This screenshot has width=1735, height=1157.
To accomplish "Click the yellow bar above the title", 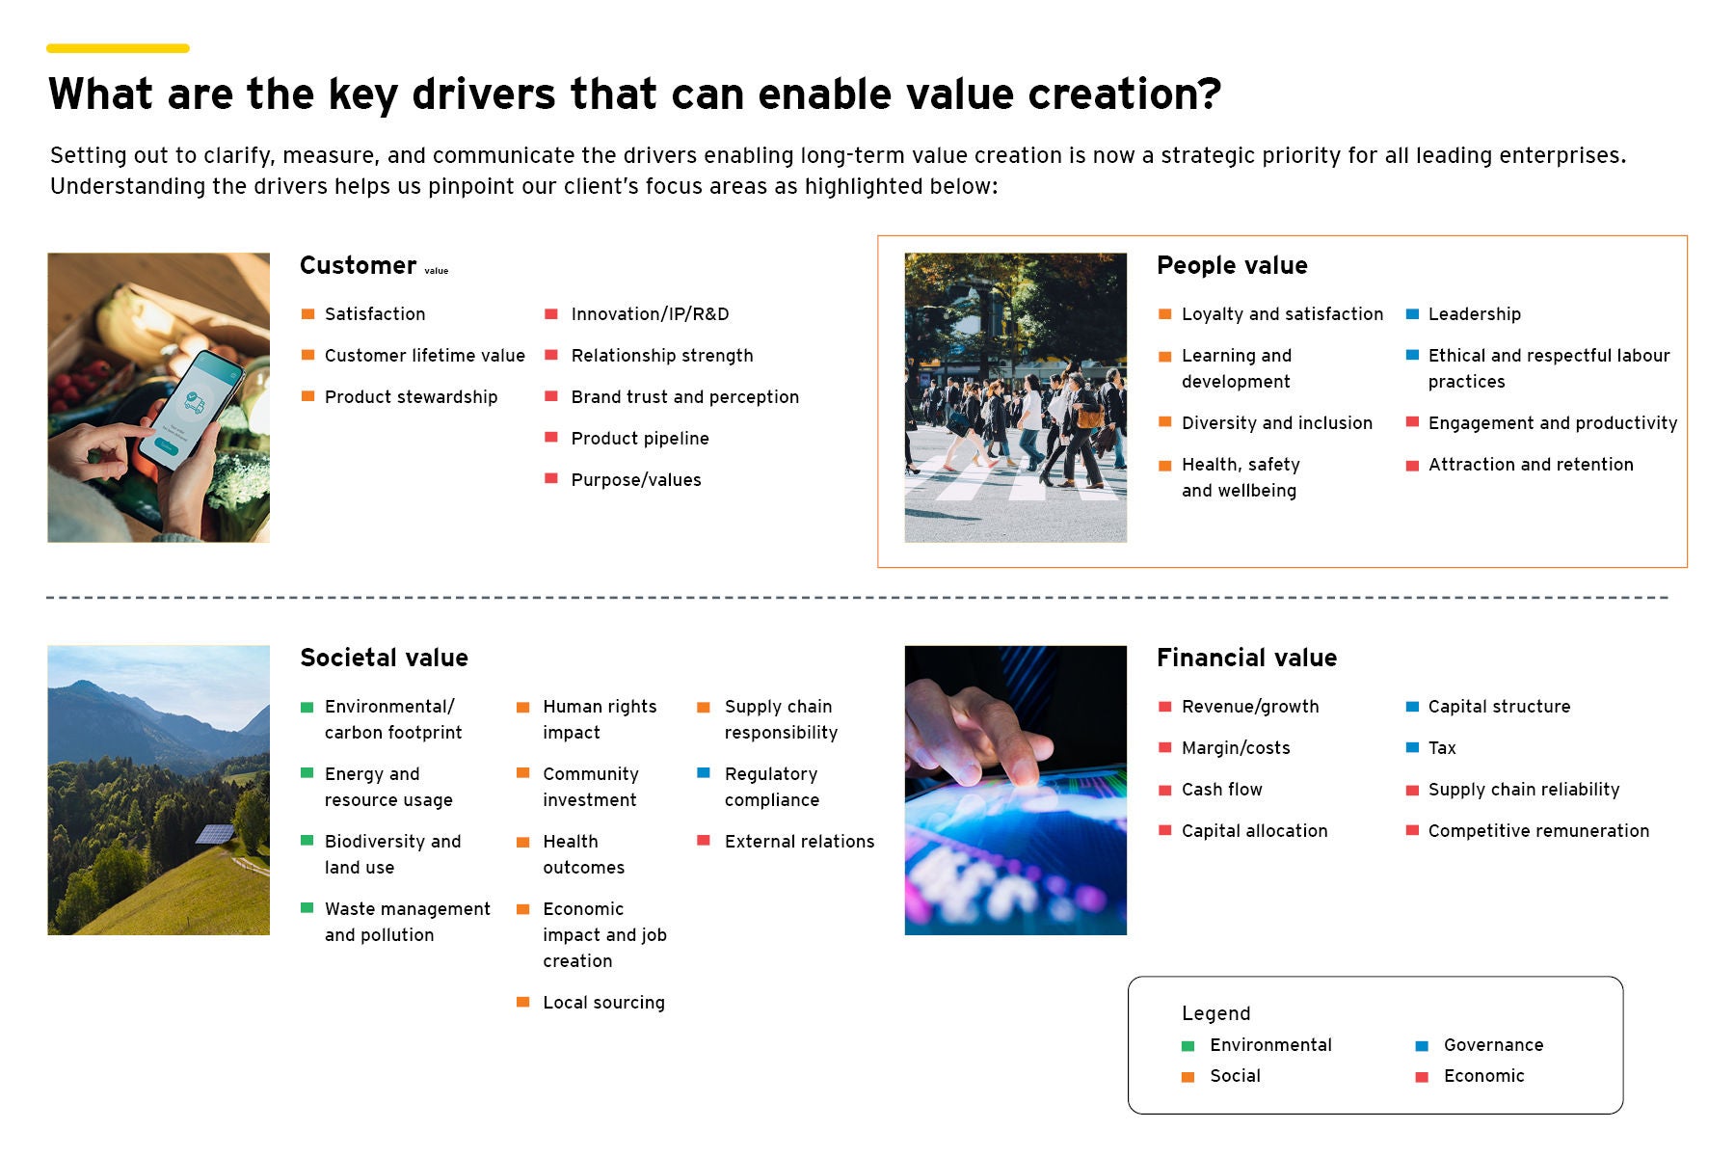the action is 118,48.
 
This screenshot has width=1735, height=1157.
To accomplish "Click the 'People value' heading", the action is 1232,265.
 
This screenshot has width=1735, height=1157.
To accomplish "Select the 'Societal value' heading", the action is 384,658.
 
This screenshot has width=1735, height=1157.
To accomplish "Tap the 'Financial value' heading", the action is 1246,658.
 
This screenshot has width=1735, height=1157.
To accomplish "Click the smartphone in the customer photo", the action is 190,409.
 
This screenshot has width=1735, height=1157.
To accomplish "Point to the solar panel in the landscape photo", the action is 215,834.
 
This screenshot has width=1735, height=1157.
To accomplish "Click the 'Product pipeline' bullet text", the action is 640,439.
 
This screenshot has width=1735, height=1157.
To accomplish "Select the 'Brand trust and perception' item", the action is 684,397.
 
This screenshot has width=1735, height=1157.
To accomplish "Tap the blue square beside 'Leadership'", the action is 1412,314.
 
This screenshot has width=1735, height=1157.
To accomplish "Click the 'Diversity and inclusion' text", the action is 1276,423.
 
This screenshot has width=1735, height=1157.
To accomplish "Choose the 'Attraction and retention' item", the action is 1531,465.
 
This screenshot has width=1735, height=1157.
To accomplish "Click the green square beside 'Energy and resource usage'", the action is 307,773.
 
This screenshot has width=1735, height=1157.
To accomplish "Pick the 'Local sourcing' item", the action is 603,1003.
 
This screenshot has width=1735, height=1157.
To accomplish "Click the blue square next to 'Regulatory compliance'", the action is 704,773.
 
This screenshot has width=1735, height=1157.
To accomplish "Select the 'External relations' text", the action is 799,842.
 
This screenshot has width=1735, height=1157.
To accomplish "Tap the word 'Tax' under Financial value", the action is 1442,748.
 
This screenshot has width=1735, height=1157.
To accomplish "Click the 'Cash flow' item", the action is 1221,790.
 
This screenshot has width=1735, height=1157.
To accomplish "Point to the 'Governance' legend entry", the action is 1493,1045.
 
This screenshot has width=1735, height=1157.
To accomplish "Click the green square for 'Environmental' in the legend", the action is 1188,1046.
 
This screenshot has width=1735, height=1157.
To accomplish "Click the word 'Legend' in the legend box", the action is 1215,1013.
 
